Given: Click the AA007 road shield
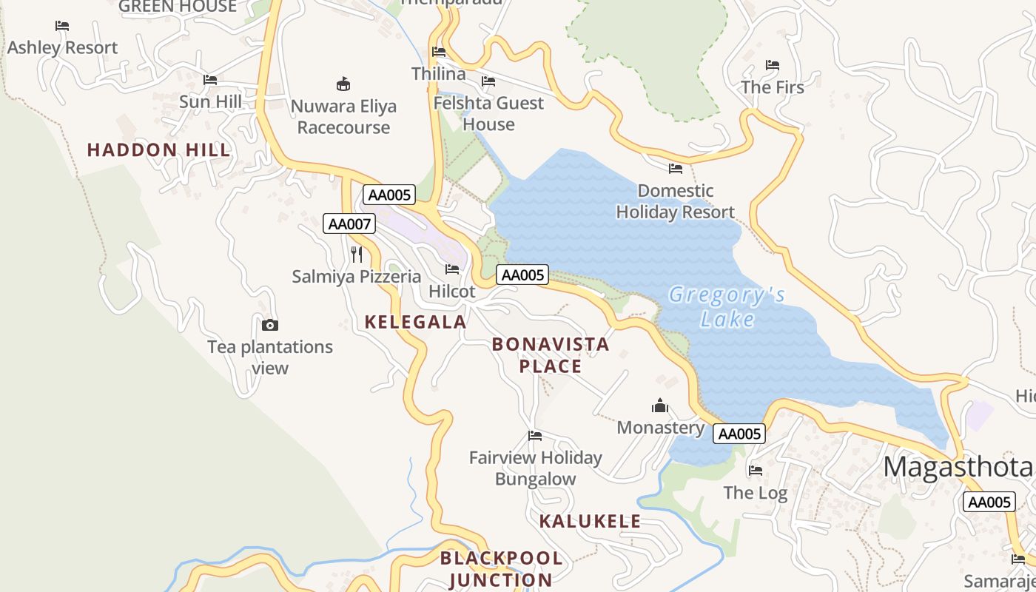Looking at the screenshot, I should click(x=349, y=223).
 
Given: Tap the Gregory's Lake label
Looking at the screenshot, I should click(x=727, y=306).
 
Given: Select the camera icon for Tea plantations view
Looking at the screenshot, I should click(x=270, y=325).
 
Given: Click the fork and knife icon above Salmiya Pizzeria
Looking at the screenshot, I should click(x=357, y=255).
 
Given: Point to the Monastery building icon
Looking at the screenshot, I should click(x=660, y=406).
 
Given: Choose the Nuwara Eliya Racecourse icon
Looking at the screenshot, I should click(x=343, y=84).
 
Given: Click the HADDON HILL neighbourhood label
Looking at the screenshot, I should click(x=159, y=150).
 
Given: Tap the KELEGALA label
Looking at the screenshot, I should click(x=416, y=322).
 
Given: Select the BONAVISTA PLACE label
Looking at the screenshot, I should click(x=551, y=355).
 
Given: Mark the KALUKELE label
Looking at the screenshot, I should click(x=590, y=521).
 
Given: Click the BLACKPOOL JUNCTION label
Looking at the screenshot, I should click(x=501, y=569).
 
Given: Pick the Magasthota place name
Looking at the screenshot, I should click(x=958, y=467).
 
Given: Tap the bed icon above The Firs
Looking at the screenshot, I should click(x=773, y=65).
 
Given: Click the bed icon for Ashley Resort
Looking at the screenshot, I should click(x=62, y=26).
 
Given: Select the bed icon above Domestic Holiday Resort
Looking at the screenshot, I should click(x=676, y=169).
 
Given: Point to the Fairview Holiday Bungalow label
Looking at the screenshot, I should click(x=536, y=468).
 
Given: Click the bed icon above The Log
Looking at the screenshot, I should click(x=756, y=470).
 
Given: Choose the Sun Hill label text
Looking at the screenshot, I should click(x=211, y=101).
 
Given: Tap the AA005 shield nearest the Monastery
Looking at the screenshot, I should click(x=739, y=434).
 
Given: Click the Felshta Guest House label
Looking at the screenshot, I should click(x=488, y=113).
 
